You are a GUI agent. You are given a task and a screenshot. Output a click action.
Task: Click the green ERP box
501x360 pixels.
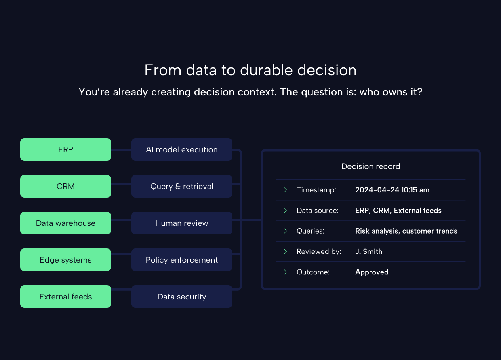point(65,149)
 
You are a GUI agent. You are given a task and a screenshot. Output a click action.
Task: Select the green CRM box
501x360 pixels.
point(65,186)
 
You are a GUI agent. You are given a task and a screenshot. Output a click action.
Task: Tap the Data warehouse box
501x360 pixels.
point(65,223)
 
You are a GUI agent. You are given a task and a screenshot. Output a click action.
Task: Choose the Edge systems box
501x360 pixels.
point(65,260)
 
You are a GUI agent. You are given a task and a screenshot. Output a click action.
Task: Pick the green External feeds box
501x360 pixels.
point(65,297)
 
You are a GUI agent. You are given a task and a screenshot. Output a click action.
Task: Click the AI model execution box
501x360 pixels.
point(182,149)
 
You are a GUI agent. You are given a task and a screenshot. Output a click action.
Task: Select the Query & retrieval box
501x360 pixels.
point(182,186)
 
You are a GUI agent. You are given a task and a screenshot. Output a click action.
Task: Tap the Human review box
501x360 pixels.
point(182,223)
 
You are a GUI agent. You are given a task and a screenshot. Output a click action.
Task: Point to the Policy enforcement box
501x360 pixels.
point(182,260)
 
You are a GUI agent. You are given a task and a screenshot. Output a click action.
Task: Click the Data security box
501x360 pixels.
point(182,297)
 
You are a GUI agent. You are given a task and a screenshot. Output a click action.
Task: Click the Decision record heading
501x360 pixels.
point(370,166)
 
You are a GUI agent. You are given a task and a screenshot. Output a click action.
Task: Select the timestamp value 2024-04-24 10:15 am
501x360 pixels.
point(392,190)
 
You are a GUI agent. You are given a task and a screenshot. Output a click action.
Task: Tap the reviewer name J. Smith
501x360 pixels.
point(368,251)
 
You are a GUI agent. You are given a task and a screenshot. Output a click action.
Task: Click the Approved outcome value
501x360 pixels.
point(372,272)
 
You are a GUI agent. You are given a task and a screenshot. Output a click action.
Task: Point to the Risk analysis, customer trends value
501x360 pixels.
point(406,231)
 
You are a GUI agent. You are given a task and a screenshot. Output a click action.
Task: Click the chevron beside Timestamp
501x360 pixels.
point(285,190)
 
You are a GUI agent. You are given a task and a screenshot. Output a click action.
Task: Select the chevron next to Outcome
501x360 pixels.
point(285,272)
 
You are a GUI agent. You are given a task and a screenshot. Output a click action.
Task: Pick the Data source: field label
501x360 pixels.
point(317,211)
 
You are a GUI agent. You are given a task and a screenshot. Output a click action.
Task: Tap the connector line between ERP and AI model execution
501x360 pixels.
point(121,149)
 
